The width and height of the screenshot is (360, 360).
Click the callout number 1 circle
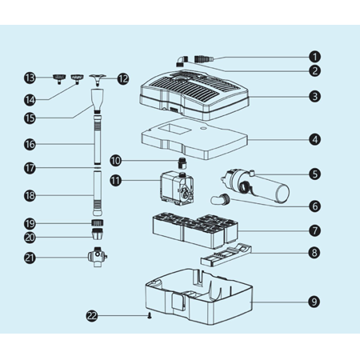(314, 57)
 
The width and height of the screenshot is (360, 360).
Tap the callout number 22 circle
(92, 316)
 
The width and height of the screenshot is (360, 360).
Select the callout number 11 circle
(116, 181)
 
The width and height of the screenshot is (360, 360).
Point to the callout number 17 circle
(30, 168)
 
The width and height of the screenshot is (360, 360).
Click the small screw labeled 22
(150, 316)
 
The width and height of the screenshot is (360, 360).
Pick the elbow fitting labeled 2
(182, 61)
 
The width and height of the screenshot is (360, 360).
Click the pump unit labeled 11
(177, 189)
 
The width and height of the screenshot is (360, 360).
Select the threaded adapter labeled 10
(182, 163)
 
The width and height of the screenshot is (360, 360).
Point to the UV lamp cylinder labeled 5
(255, 186)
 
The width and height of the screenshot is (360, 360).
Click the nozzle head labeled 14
(77, 78)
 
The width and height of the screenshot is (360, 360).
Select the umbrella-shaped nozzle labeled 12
(98, 80)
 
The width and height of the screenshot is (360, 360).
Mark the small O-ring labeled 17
(98, 168)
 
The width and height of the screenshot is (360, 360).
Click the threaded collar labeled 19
(98, 222)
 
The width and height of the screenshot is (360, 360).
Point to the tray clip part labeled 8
(226, 255)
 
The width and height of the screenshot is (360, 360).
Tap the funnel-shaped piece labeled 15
(98, 100)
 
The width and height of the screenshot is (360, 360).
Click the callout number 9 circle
(314, 302)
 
